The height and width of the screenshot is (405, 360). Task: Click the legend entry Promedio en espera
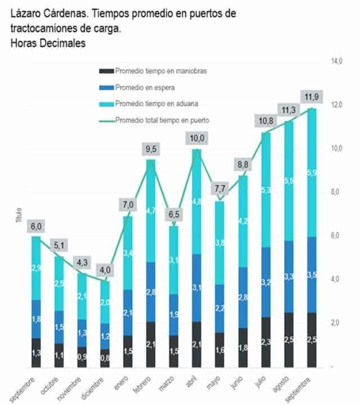coord(145,88)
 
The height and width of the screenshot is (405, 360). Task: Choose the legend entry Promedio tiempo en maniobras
coord(159,71)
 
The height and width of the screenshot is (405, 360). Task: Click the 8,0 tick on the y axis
coord(336,192)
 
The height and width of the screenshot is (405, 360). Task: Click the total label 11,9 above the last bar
coord(311,96)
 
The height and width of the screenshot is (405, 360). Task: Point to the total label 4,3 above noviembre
coord(82,262)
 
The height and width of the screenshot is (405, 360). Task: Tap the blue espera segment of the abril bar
coord(196,288)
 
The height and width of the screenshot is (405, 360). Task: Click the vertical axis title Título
coord(19,217)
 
